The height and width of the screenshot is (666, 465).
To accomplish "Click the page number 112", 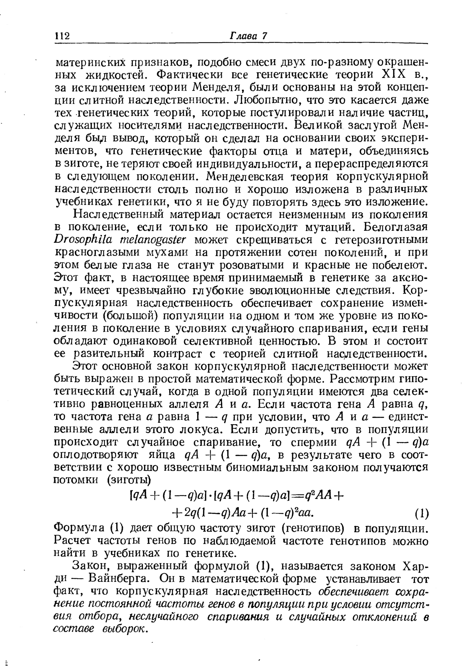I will [62, 36].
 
